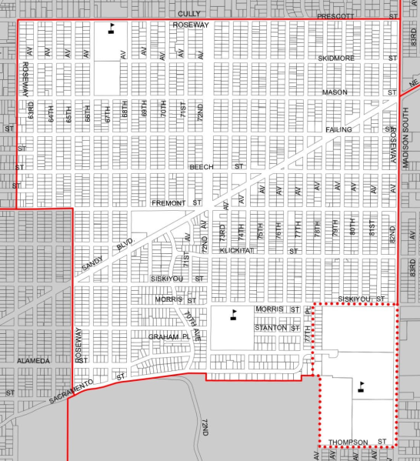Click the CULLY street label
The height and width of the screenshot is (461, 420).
[x=189, y=13]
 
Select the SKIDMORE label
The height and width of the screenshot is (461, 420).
[x=335, y=58]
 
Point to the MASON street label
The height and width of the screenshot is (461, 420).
[x=335, y=92]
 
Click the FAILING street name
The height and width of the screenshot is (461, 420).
[x=338, y=130]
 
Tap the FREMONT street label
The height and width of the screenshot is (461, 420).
[x=168, y=203]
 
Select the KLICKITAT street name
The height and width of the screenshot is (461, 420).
[x=236, y=251]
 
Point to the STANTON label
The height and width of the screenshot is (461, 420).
[x=270, y=328]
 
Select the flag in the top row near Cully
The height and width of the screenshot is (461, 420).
[x=112, y=28]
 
